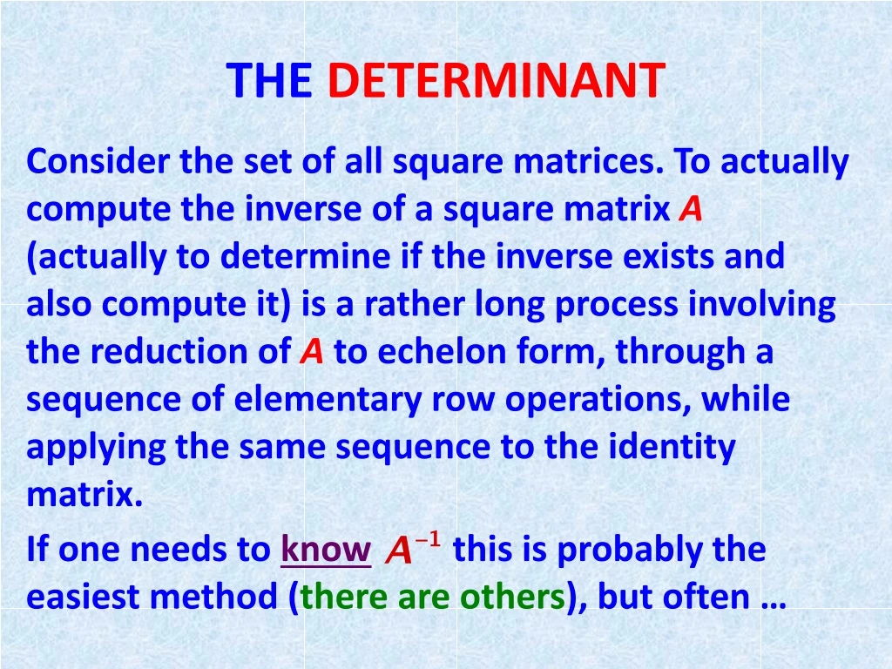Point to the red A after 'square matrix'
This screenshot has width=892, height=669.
click(x=691, y=210)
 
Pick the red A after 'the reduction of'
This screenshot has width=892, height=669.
click(x=311, y=352)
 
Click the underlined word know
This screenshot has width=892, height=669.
click(x=326, y=551)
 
